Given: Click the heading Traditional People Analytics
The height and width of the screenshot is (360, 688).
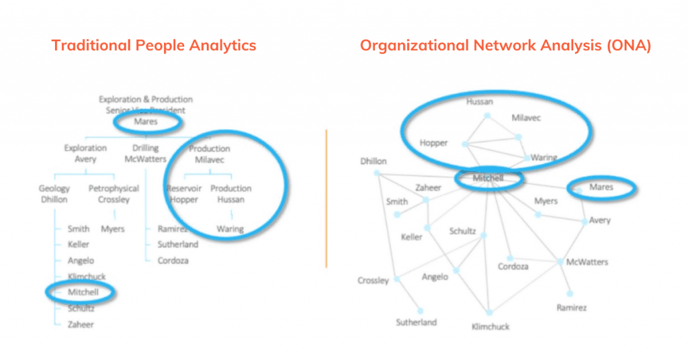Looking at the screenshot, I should click(x=154, y=46).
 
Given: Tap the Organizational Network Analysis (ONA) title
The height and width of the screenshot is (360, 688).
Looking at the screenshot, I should click(x=505, y=46).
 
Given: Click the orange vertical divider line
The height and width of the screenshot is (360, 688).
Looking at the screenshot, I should click(x=326, y=198).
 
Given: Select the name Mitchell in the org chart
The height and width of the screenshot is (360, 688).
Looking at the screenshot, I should click(x=83, y=292).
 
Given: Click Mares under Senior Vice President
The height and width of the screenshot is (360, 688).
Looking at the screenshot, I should click(x=146, y=122).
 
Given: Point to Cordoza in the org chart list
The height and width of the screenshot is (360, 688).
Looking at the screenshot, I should click(x=173, y=261).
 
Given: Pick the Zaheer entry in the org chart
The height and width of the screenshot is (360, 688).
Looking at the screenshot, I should click(x=81, y=324).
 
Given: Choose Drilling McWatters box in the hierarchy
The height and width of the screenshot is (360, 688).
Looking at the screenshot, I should click(x=145, y=154).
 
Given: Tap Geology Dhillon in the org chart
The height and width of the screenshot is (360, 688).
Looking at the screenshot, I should click(x=54, y=194).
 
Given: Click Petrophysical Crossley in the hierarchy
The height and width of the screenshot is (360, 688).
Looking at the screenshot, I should click(x=114, y=194).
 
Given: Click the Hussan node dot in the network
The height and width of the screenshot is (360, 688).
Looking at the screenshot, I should click(x=488, y=116).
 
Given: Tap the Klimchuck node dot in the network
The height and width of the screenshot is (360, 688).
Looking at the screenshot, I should click(x=489, y=312).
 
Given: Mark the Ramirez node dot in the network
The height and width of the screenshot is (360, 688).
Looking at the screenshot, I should click(x=570, y=294).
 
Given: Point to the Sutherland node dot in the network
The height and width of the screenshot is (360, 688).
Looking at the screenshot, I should click(x=421, y=310).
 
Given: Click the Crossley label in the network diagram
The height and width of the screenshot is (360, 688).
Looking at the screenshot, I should click(x=373, y=281).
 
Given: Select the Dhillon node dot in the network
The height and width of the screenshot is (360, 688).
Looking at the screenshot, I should click(x=377, y=174).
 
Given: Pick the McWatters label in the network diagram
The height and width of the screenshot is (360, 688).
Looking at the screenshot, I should click(x=587, y=262).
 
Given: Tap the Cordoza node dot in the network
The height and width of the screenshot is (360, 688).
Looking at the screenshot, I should click(x=511, y=258).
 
